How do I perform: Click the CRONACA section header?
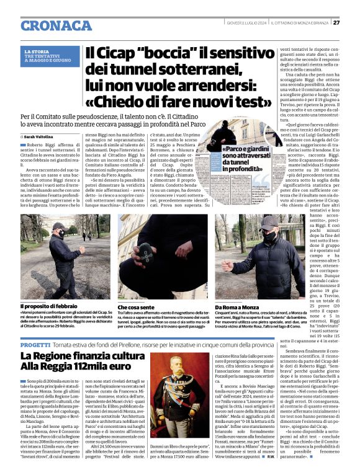pyautogui.click(x=56, y=25)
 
